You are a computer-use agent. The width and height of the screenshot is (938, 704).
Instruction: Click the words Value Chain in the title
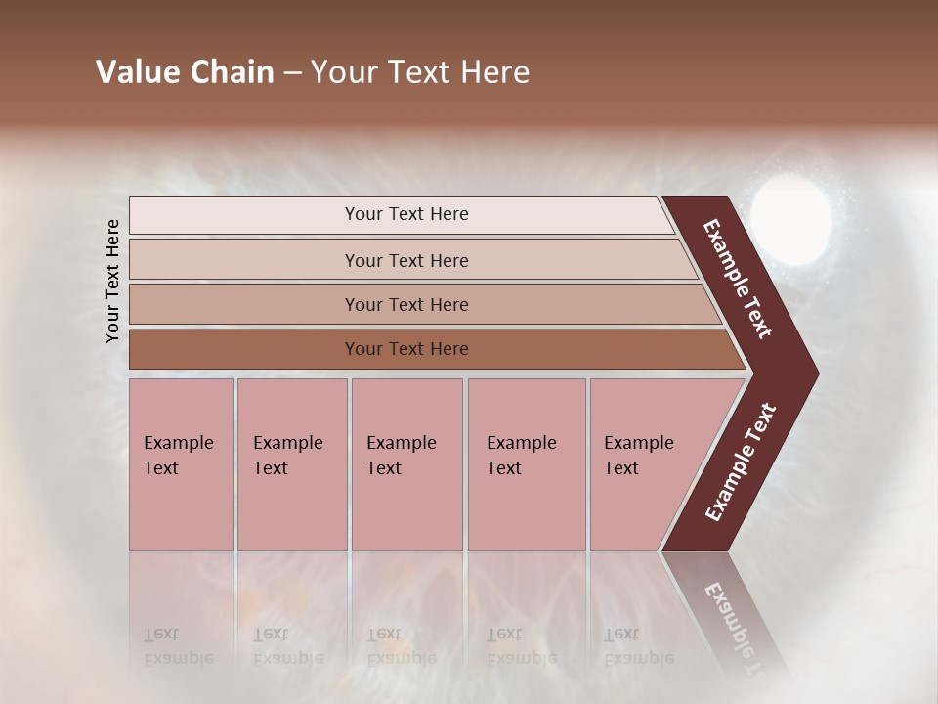(x=185, y=72)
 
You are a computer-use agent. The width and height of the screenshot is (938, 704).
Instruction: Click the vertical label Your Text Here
(x=112, y=281)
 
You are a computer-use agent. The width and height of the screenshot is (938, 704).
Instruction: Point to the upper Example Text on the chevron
(x=738, y=279)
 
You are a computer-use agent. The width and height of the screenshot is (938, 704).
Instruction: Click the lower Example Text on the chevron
(x=740, y=462)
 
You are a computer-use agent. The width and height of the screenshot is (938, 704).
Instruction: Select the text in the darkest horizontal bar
(x=406, y=349)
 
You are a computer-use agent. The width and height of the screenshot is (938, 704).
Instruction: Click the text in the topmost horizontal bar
(x=406, y=214)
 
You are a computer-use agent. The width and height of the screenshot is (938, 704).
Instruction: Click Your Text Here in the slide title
(x=420, y=72)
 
